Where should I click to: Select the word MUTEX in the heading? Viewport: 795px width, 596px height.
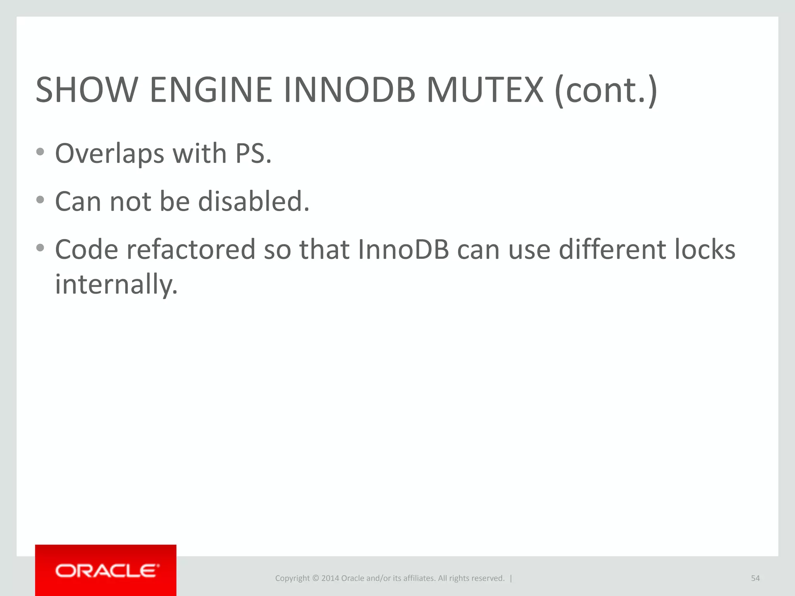(485, 90)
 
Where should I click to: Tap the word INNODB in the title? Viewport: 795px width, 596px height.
(349, 90)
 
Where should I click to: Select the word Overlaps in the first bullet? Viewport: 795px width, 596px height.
(109, 154)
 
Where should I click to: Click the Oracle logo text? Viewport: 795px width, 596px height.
(107, 571)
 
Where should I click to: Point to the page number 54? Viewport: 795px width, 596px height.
(755, 578)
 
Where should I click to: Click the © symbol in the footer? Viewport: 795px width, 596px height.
(315, 578)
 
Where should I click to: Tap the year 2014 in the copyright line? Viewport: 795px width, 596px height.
(330, 578)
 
